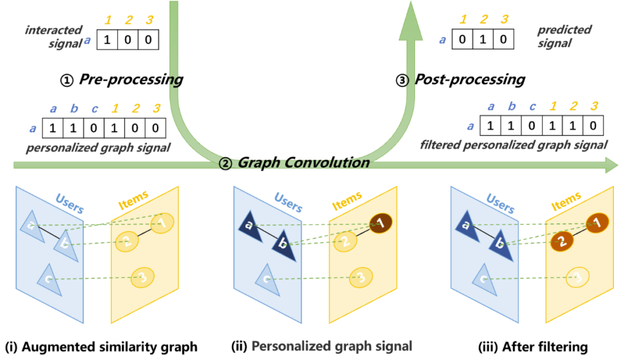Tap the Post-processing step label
click(469, 80)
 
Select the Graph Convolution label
click(303, 163)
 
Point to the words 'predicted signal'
click(556, 36)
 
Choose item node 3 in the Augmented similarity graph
click(140, 278)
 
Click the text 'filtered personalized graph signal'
click(514, 145)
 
